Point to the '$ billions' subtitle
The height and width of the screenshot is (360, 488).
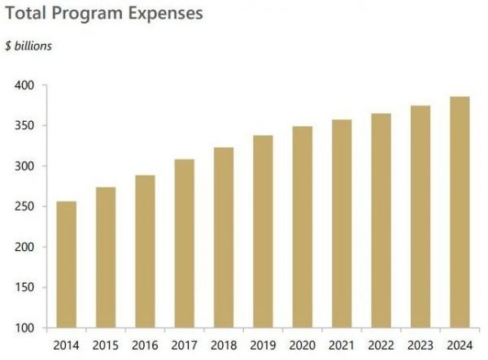[x=28, y=46]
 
